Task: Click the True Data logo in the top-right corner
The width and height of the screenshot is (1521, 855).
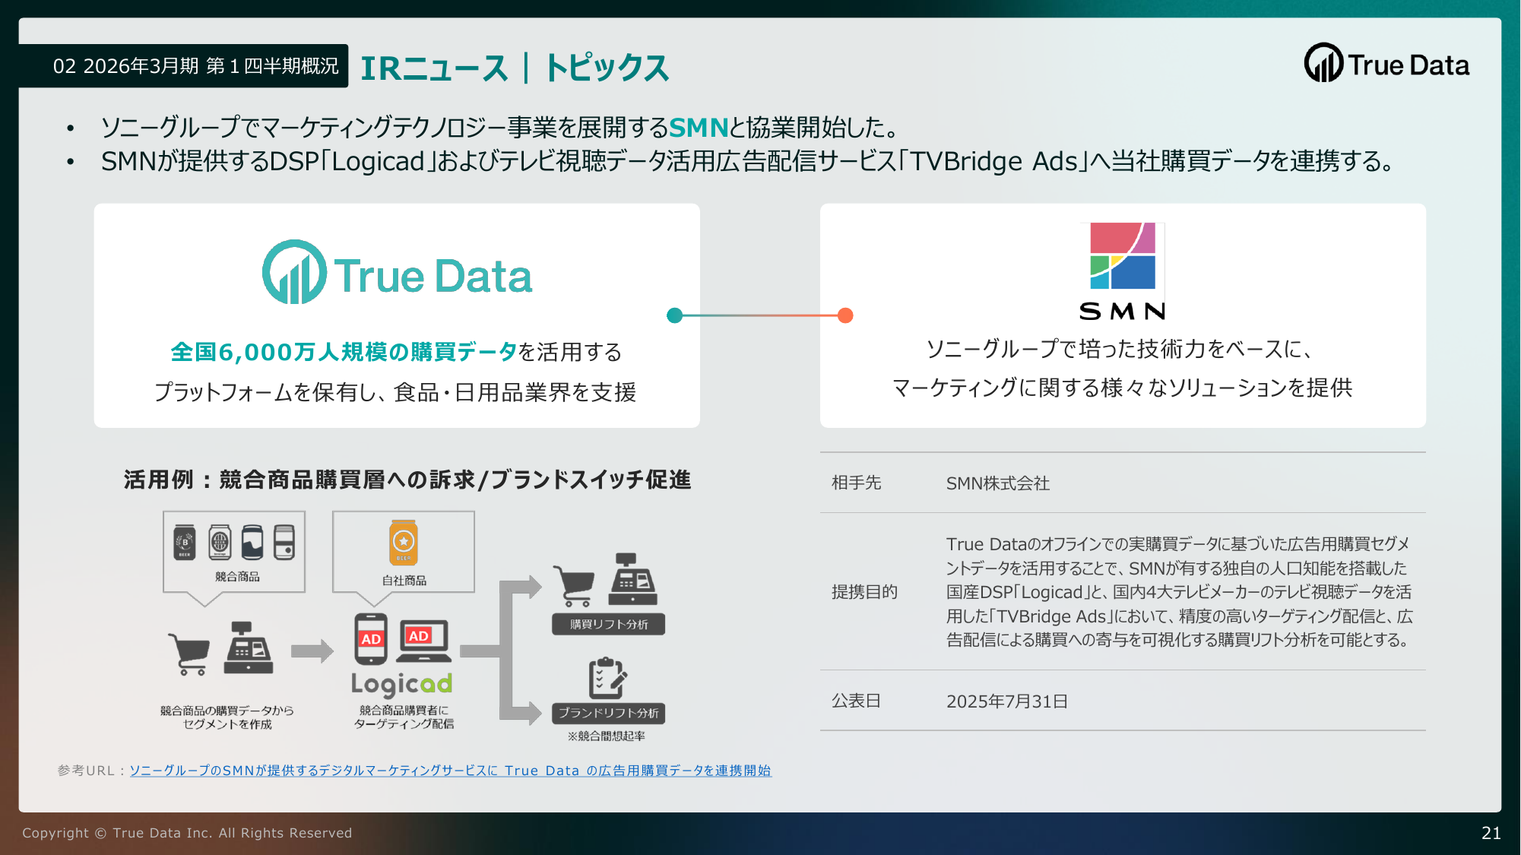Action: [x=1387, y=63]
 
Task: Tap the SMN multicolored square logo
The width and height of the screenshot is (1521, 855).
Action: [x=1123, y=256]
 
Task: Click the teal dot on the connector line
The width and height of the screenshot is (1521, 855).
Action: [x=674, y=315]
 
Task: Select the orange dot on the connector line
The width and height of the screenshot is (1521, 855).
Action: [x=845, y=315]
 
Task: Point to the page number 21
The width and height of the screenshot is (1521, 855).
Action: [x=1491, y=833]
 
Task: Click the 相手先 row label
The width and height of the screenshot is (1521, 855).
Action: [x=857, y=483]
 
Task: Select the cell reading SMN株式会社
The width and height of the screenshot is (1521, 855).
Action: [x=998, y=483]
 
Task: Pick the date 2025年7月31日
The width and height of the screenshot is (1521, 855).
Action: [x=1007, y=701]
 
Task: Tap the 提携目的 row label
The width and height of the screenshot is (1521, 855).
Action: [x=865, y=592]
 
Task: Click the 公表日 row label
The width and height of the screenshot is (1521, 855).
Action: [x=857, y=701]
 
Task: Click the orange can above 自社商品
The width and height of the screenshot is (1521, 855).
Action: [x=404, y=543]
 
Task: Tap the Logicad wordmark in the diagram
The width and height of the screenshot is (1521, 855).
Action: [x=401, y=684]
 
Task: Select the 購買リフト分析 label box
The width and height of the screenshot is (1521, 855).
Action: [x=609, y=624]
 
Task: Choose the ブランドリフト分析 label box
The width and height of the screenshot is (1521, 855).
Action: [x=609, y=713]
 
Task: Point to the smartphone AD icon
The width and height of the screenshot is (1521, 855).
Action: [x=371, y=638]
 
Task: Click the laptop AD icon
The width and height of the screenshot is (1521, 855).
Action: [x=424, y=641]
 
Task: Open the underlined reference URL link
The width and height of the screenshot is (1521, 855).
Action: [x=450, y=771]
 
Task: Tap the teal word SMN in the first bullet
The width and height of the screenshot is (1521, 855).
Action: [x=699, y=127]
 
